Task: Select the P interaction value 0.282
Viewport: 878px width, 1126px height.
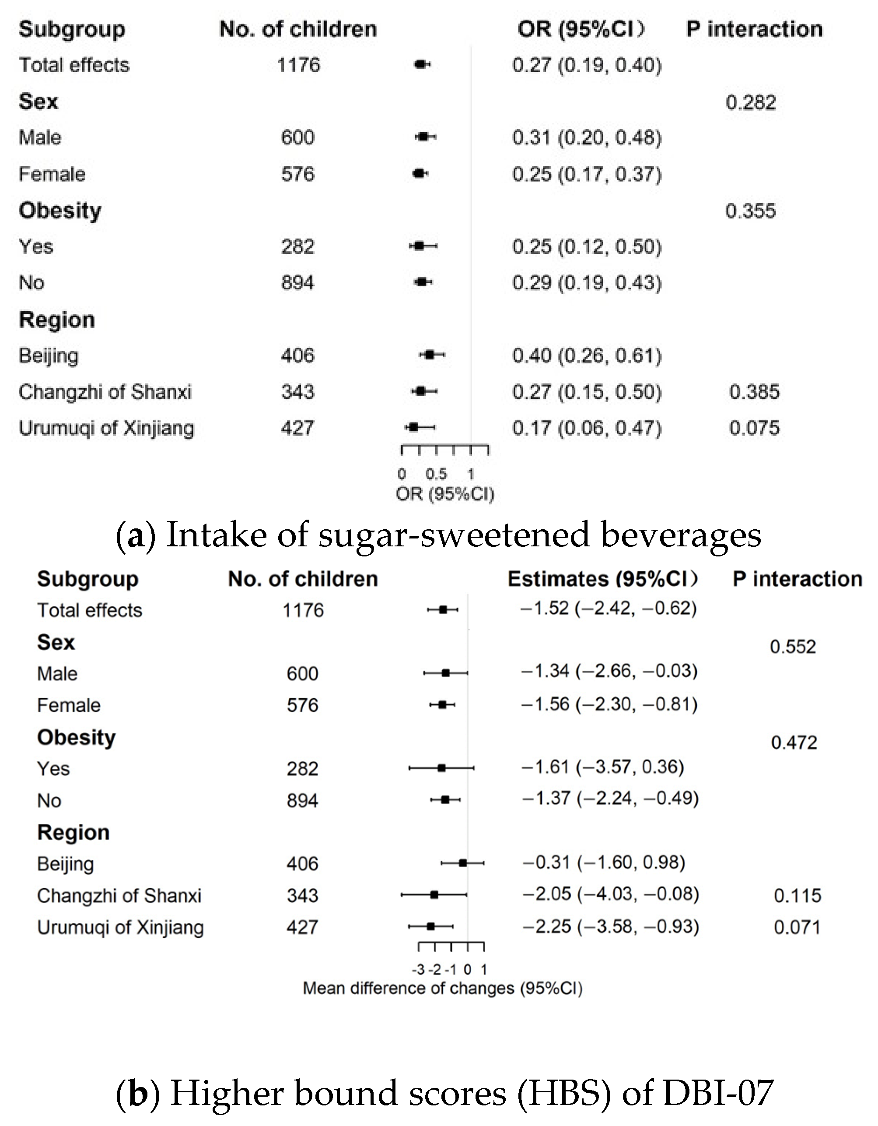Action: click(x=750, y=102)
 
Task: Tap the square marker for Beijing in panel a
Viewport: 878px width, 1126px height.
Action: click(x=430, y=355)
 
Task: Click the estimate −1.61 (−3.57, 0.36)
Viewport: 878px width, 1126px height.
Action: click(x=602, y=767)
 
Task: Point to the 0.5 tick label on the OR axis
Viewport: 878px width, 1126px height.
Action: click(x=436, y=474)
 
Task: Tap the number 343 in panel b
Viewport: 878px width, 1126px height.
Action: click(x=302, y=896)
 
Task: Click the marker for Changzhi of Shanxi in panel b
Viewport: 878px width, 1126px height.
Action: click(x=434, y=895)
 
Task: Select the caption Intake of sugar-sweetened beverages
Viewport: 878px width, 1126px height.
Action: click(x=463, y=535)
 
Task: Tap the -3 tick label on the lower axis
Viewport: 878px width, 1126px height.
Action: click(x=418, y=970)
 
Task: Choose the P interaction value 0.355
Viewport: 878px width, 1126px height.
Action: click(x=750, y=211)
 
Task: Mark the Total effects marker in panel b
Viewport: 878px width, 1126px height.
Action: click(x=443, y=610)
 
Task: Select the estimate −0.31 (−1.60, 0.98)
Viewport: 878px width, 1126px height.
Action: click(x=603, y=862)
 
